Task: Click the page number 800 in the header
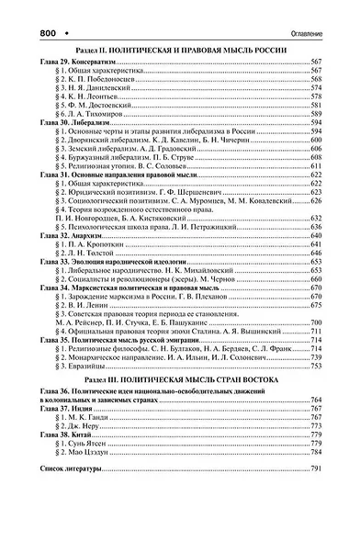tap(27, 9)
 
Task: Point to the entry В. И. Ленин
tap(90, 305)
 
